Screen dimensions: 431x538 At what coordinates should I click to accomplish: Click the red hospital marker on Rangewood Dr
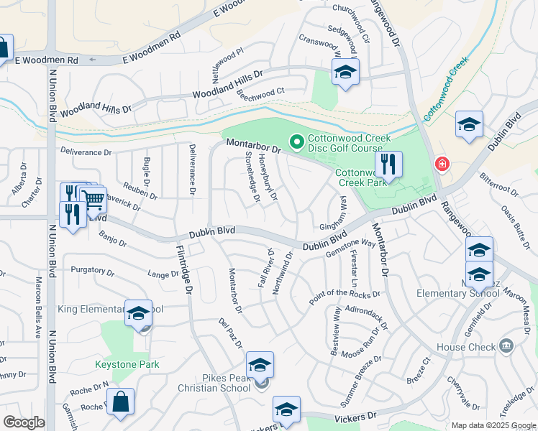441,164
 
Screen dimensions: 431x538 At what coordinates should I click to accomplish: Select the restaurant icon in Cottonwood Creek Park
388,164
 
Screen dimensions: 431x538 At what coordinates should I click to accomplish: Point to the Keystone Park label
127,364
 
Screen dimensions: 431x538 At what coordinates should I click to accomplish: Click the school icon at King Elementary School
138,313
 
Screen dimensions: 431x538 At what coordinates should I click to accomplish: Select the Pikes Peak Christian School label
216,383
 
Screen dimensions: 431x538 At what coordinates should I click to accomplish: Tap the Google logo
24,422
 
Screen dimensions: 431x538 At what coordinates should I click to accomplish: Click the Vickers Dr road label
355,417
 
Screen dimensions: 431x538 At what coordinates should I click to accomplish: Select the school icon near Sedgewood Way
345,72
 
